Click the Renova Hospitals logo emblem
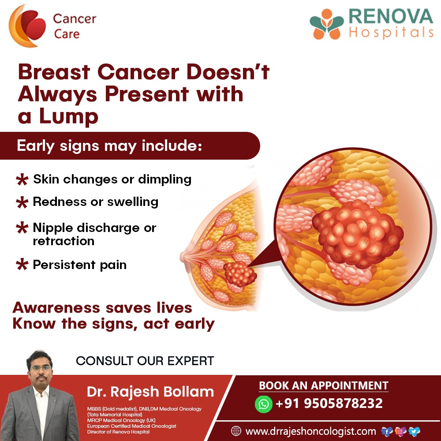pos(327,24)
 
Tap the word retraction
pos(64,241)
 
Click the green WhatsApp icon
pos(264,404)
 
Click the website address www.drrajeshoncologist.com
pos(310,431)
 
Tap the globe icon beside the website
pos(236,431)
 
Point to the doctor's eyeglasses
pos(39,368)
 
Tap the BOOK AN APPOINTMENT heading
pos(323,385)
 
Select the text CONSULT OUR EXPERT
pos(145,361)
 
